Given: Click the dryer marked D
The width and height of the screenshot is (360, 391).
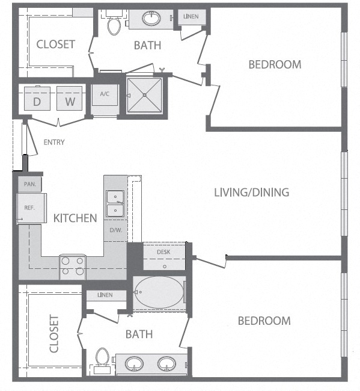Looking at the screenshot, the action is point(37,98).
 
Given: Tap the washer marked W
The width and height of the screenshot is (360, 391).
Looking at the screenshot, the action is point(70,98).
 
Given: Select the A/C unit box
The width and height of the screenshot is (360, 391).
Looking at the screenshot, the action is point(105,95).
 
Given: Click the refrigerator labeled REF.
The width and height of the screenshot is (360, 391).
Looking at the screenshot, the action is point(32,208).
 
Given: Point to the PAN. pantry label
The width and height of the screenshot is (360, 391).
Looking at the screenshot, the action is point(30,184).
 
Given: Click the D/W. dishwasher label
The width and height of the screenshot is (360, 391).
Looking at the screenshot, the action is point(116,230).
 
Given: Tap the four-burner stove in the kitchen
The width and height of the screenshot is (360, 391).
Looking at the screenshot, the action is point(73,266).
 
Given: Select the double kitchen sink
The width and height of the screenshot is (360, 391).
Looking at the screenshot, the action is point(115,204).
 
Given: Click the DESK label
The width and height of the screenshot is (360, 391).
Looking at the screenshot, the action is point(163,252).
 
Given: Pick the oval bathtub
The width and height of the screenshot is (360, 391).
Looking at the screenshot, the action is point(159,292).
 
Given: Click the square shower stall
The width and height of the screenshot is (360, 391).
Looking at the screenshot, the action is point(144,95).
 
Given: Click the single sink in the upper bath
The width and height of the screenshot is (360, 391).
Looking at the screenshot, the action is point(151,18).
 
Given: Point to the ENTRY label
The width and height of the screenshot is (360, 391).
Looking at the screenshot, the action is point(54,142).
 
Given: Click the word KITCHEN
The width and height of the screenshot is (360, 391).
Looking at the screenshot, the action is point(75,218).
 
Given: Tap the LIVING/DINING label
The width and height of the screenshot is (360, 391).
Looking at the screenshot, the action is point(252,192).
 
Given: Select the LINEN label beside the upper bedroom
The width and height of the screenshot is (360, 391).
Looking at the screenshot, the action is point(191,16).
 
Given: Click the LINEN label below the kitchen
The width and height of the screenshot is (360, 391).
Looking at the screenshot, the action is point(105,295).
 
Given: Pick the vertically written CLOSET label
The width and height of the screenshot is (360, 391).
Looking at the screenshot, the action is point(54,334).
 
